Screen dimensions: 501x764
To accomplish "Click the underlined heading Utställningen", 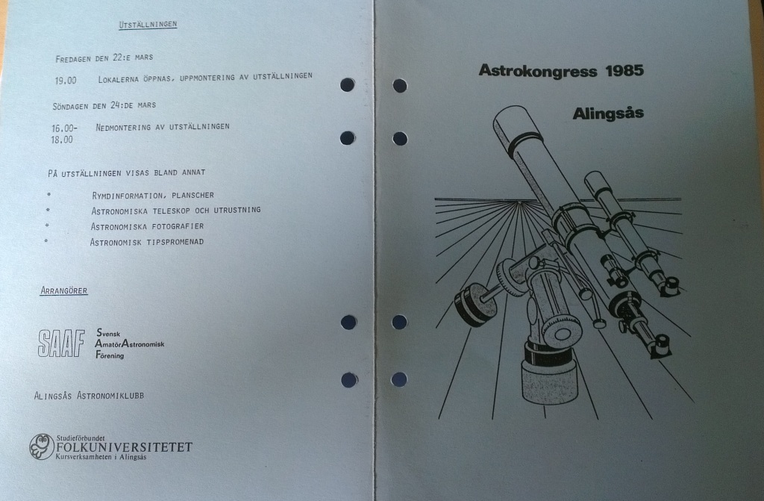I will click(x=148, y=25).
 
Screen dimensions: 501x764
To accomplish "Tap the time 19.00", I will click(x=65, y=79).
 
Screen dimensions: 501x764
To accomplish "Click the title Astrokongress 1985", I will click(x=561, y=71).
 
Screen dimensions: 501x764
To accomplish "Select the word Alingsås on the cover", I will click(x=608, y=114).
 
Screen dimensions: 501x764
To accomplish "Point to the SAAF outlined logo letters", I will click(x=61, y=343).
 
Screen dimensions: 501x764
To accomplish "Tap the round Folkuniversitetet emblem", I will click(x=42, y=446).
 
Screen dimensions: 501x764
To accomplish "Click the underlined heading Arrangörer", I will click(x=63, y=291).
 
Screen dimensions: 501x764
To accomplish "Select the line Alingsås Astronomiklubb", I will click(x=89, y=396).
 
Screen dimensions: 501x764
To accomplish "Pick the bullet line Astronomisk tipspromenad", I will click(x=146, y=242).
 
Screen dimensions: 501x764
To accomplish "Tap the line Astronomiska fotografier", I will click(x=147, y=226).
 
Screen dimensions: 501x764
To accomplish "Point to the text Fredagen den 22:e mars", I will click(x=104, y=58).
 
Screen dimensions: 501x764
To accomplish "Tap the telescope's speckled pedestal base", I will click(x=549, y=380).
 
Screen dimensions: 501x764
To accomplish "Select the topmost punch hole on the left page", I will click(x=347, y=84).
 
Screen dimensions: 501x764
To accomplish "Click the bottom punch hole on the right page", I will click(x=399, y=379).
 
